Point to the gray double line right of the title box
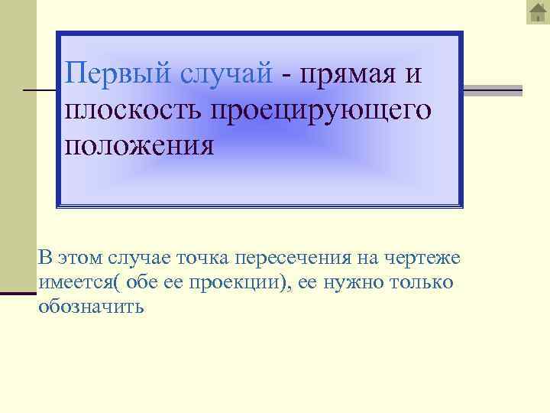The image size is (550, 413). (x=493, y=90)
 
